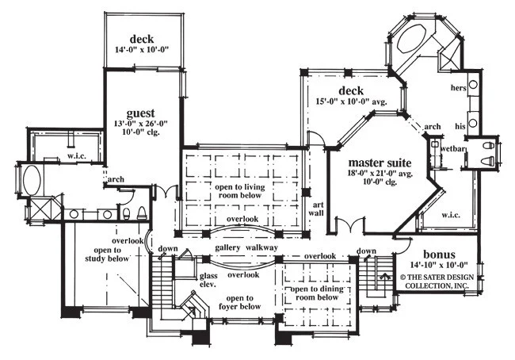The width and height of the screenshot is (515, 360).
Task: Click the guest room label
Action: [140, 113]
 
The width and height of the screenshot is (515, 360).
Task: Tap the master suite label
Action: [380, 163]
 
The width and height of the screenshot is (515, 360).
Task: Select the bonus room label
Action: [439, 255]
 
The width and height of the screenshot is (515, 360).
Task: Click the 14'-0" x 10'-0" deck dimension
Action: [142, 50]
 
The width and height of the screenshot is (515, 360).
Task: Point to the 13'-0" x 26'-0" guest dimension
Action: [141, 124]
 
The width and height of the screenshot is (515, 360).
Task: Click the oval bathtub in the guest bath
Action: [32, 181]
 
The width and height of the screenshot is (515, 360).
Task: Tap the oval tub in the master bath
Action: [412, 37]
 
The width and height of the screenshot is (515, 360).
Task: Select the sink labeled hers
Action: [473, 84]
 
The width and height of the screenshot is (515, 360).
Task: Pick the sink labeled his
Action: [473, 123]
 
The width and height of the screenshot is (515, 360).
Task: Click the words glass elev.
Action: [208, 280]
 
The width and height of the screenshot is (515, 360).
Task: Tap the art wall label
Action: [316, 209]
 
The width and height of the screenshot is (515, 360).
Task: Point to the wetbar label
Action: [453, 148]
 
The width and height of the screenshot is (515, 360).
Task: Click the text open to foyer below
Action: [239, 302]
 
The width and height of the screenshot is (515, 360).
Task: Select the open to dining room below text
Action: [317, 293]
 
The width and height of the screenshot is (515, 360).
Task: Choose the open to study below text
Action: [107, 255]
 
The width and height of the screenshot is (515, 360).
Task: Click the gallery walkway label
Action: [246, 248]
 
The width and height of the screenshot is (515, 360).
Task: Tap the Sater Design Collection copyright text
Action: [437, 281]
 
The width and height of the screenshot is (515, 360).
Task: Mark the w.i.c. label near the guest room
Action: [77, 156]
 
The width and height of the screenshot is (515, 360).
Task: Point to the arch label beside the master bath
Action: [433, 127]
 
